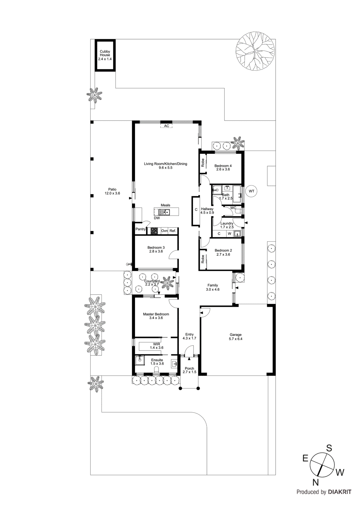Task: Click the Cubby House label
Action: tap(105, 53)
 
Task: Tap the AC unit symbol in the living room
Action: tap(166, 126)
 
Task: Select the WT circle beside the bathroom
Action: tap(251, 191)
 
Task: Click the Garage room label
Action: tap(236, 335)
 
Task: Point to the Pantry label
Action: tap(140, 229)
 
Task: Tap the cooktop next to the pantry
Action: tap(154, 231)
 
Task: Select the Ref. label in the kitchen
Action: tap(173, 231)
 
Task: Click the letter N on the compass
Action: tap(315, 482)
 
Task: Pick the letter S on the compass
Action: tap(329, 448)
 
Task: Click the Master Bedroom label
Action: tap(156, 314)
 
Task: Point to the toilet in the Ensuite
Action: tap(156, 370)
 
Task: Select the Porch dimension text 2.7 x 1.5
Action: tap(189, 372)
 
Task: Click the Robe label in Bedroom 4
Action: tap(203, 163)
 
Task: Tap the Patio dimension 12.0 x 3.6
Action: tap(112, 193)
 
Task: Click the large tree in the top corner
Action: tap(255, 51)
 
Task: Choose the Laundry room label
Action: tap(227, 223)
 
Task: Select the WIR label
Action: tap(157, 344)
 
